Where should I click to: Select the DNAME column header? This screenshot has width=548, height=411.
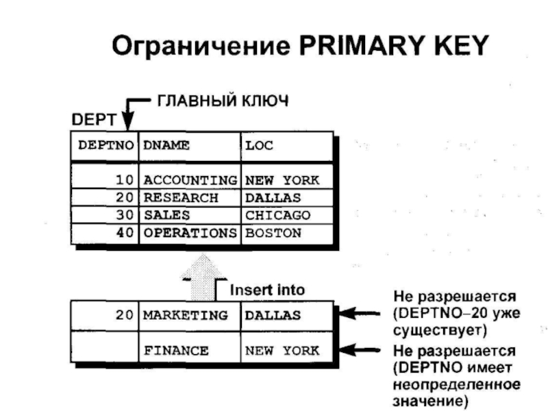tap(166, 145)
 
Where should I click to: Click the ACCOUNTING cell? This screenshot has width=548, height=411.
tap(189, 181)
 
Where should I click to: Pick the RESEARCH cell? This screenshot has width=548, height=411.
tap(181, 198)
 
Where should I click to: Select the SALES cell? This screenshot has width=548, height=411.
tap(166, 215)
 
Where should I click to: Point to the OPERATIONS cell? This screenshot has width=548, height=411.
tap(189, 233)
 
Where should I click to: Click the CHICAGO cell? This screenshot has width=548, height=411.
tap(277, 215)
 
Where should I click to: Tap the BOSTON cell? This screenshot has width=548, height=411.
tap(273, 233)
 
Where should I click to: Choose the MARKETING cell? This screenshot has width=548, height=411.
tap(185, 316)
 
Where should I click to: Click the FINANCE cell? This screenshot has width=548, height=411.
tap(176, 351)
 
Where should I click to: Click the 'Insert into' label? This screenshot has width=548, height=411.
tap(266, 290)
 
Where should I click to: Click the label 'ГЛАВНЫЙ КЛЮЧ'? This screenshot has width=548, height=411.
tap(223, 101)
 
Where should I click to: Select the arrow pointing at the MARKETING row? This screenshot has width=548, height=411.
tap(360, 315)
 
